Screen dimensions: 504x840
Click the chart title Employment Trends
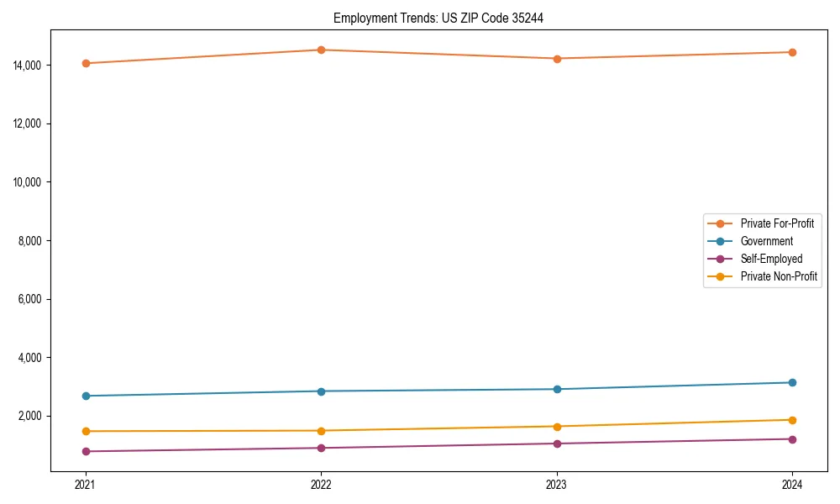pyautogui.click(x=438, y=18)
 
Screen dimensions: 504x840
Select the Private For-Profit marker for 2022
pyautogui.click(x=321, y=50)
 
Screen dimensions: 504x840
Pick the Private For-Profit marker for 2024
pyautogui.click(x=792, y=52)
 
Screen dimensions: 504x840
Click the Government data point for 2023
pyautogui.click(x=557, y=389)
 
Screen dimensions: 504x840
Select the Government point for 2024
pyautogui.click(x=792, y=382)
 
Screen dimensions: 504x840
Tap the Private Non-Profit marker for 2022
pyautogui.click(x=321, y=431)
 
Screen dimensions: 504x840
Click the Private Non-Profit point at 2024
pyautogui.click(x=792, y=420)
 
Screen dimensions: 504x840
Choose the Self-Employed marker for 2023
pyautogui.click(x=557, y=444)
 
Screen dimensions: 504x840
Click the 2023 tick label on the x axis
pyautogui.click(x=557, y=484)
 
